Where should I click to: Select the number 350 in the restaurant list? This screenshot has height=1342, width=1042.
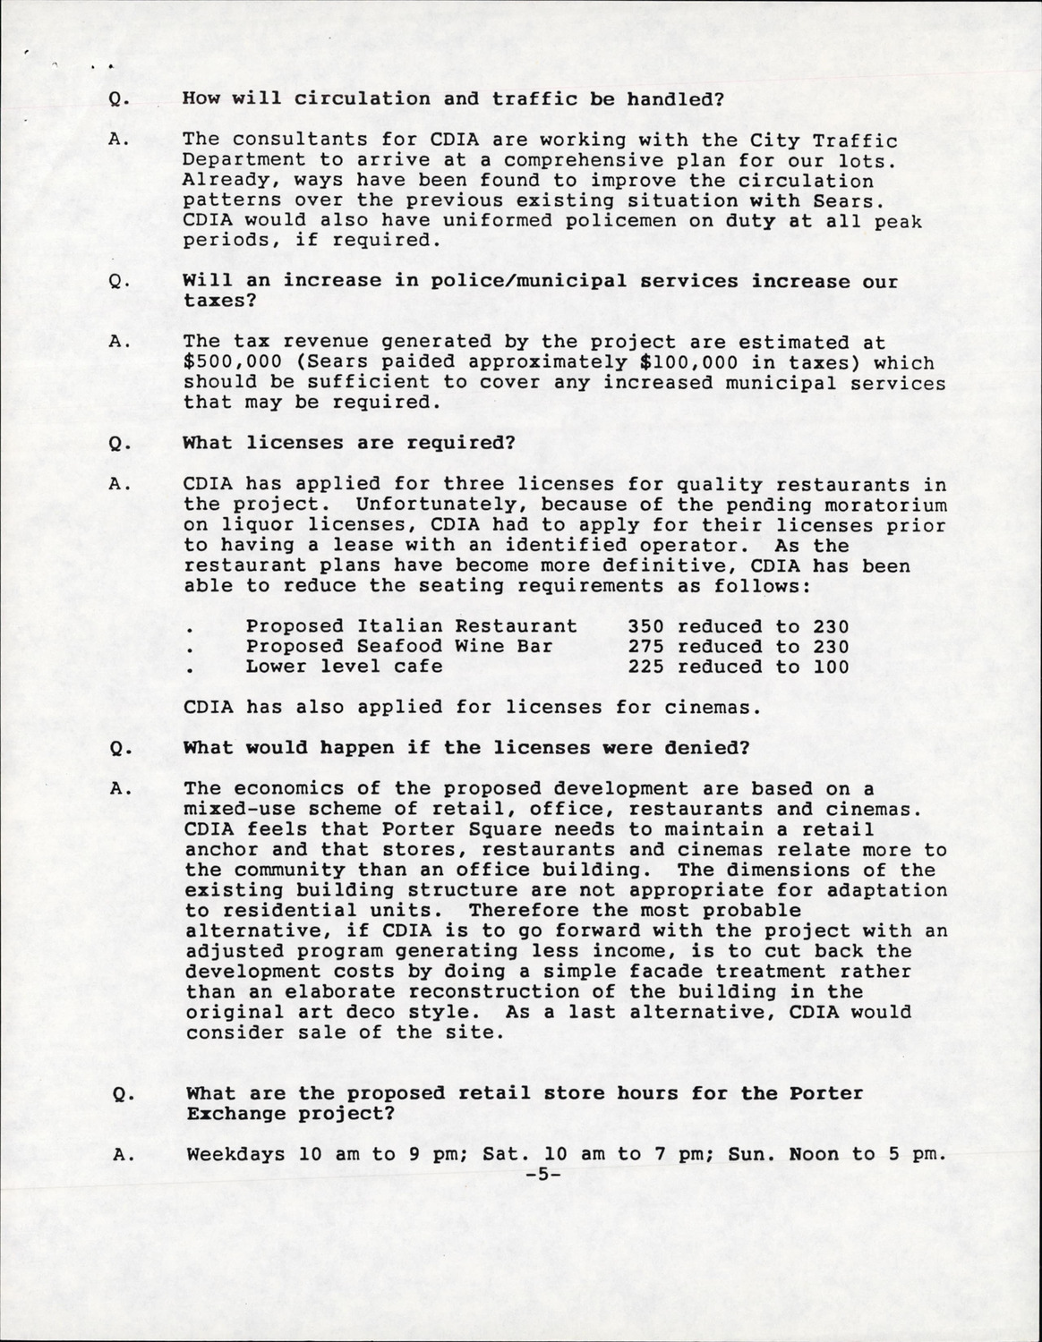[x=646, y=626]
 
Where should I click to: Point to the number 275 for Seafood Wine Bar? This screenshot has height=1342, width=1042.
[x=646, y=646]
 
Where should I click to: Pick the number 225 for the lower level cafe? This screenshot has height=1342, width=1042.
[x=646, y=667]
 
